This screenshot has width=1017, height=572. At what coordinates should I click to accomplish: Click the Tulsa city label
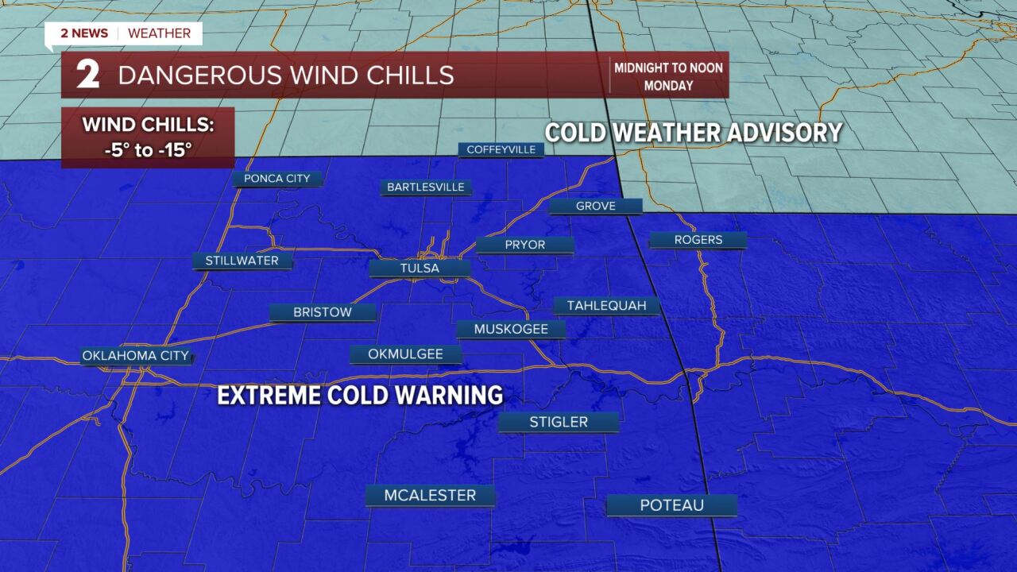pos(420,269)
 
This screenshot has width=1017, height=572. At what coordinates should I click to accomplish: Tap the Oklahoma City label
pos(137,356)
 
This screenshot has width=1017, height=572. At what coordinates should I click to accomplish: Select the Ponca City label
pos(276,179)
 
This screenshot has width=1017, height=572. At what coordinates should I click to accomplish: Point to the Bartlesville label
pos(427,187)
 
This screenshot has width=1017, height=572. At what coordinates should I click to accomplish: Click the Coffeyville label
pos(501,149)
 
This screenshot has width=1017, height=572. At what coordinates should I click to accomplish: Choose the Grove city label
pos(595,206)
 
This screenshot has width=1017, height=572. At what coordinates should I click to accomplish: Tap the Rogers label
pos(698,240)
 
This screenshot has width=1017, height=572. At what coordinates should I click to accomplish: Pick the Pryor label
pos(524,245)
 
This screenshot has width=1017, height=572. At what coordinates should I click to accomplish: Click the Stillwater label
pos(242,261)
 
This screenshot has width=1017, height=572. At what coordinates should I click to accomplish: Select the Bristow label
pos(322,312)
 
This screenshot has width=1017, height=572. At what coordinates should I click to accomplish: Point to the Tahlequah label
pos(606,306)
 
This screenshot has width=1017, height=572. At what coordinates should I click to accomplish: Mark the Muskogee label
pos(511,329)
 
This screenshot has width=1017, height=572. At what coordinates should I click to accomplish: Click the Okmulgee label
pos(405,354)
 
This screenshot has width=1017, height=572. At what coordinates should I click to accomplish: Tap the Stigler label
pos(559,422)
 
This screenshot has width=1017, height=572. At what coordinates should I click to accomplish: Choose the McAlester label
pos(430,496)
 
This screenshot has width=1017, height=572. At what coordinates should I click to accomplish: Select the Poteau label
pos(671,505)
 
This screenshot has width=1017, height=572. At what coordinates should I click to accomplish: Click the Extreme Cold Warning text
pos(360,395)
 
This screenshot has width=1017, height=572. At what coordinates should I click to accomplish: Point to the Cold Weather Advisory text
pos(693,133)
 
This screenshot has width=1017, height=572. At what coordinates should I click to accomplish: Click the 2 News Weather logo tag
pos(124,33)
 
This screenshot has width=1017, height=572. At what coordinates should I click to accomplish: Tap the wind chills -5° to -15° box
pos(148,137)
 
